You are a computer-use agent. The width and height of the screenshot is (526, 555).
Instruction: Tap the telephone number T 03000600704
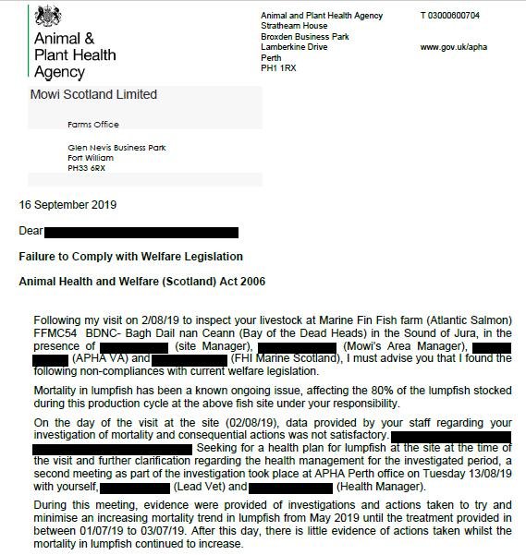[x=449, y=16]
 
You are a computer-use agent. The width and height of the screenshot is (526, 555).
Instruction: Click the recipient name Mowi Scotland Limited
[x=94, y=94]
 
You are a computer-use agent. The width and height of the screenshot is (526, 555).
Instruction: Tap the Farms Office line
[x=93, y=125]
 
